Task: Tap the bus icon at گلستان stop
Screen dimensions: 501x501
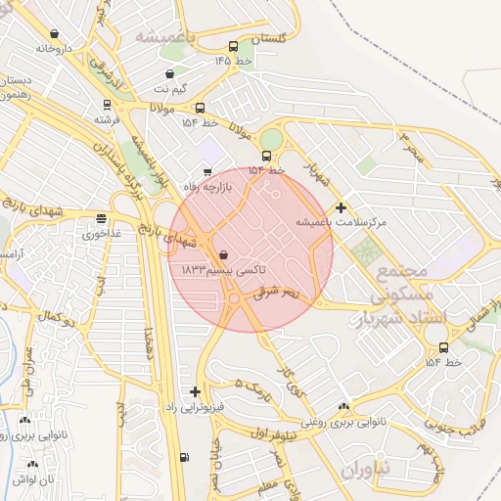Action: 233,46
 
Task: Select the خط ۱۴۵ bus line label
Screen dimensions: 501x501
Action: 234,61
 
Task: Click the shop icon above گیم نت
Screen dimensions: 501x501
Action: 170,73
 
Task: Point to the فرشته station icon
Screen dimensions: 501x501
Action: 106,104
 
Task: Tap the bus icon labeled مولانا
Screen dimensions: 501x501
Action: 200,108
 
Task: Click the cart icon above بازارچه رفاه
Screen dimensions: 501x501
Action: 206,172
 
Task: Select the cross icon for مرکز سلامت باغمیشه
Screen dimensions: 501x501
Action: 340,206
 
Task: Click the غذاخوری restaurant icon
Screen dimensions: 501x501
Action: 102,218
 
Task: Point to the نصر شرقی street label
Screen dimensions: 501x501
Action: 280,291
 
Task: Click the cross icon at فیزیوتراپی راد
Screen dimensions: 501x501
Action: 196,391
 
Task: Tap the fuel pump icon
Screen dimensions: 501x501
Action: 184,457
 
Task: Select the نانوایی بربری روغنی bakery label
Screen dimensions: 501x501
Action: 342,423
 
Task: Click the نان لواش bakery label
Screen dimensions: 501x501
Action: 33,479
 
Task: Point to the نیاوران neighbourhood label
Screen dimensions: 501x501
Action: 366,470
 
